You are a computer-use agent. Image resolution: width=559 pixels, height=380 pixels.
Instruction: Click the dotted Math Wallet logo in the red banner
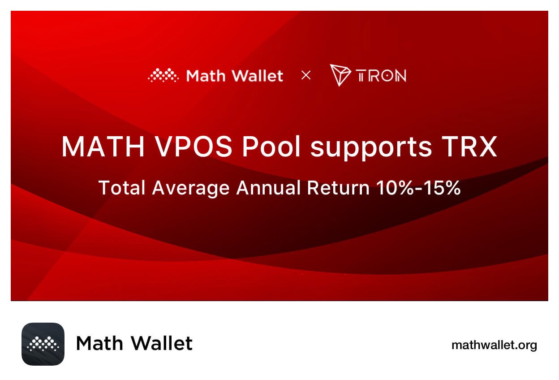pyautogui.click(x=163, y=76)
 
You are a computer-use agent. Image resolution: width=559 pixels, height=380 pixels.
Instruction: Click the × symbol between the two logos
pyautogui.click(x=306, y=75)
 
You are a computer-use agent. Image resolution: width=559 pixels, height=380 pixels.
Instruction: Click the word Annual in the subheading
pyautogui.click(x=268, y=188)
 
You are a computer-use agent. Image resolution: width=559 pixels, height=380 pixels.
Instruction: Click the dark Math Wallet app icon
pyautogui.click(x=43, y=344)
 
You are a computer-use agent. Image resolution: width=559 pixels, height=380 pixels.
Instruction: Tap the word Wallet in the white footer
pyautogui.click(x=162, y=344)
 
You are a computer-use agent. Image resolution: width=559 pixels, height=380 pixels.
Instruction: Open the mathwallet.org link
pyautogui.click(x=494, y=345)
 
